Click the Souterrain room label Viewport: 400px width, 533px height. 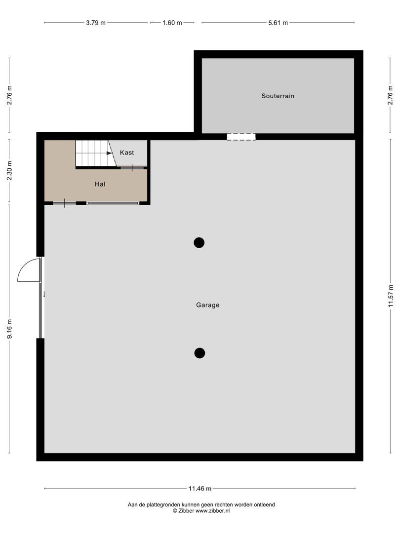(x=278, y=96)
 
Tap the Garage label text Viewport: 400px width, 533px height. (x=207, y=305)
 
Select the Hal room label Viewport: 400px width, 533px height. (x=100, y=184)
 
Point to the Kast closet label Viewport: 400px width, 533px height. (x=127, y=152)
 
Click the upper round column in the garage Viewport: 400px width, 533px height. (x=199, y=242)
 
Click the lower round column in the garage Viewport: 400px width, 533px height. (x=200, y=353)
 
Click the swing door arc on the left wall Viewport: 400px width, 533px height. (x=29, y=270)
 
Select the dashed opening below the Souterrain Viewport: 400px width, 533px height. (x=241, y=136)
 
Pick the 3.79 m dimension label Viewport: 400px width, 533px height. (x=96, y=23)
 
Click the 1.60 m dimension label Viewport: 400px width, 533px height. (x=172, y=23)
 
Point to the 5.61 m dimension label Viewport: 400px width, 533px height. (x=278, y=23)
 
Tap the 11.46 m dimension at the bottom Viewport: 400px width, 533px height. (x=200, y=489)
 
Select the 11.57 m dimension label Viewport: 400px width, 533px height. (x=391, y=296)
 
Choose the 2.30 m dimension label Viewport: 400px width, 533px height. (x=9, y=172)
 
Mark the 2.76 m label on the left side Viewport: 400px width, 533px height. (x=9, y=95)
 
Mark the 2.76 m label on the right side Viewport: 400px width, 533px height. (x=391, y=95)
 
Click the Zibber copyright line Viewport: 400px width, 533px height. (x=200, y=511)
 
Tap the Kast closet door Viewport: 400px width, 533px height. (x=133, y=168)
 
